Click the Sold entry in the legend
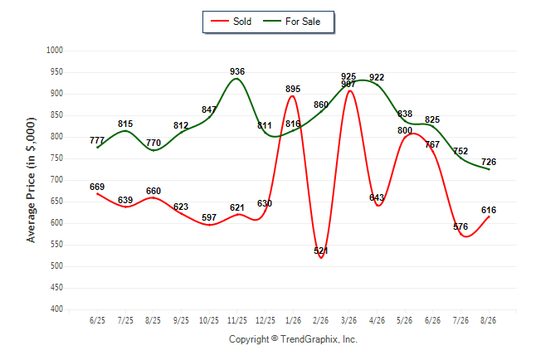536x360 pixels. [x=231, y=22]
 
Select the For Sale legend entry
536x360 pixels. [x=291, y=22]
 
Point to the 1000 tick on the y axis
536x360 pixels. [x=55, y=51]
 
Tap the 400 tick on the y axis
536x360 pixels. [x=56, y=309]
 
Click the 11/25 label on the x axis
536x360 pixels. [x=237, y=321]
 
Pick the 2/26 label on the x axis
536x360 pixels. [x=320, y=321]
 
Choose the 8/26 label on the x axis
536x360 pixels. [x=488, y=321]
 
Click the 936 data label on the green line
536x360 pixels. [x=237, y=71]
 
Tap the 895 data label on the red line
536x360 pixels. [x=293, y=89]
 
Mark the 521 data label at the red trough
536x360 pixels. [x=321, y=251]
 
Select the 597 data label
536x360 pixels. [x=209, y=217]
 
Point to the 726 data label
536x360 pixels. [x=489, y=162]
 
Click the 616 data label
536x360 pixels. [x=489, y=210]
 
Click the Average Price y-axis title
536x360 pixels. [x=31, y=180]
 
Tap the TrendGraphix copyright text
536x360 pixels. [x=293, y=339]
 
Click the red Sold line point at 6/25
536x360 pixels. [x=98, y=194]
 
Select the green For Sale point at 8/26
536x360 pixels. [x=489, y=169]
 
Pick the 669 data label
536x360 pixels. [x=97, y=187]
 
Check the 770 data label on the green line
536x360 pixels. [x=153, y=143]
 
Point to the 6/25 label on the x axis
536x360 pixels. [x=97, y=321]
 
